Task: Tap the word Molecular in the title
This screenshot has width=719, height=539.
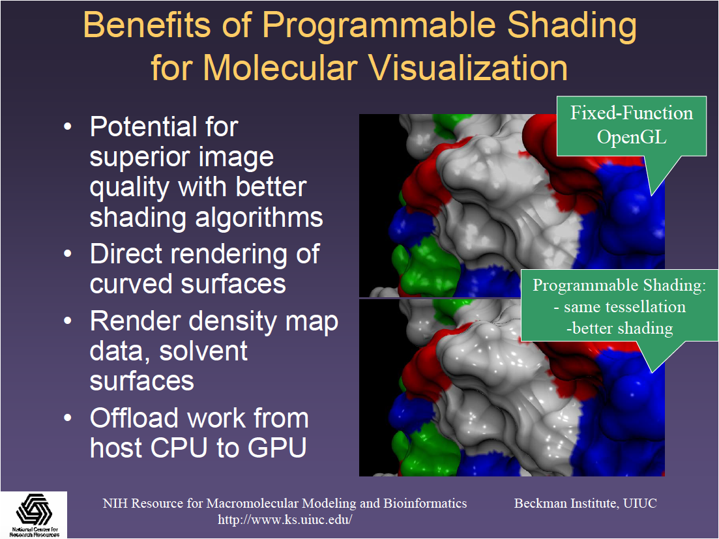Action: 280,68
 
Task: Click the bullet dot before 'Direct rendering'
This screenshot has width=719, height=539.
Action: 68,254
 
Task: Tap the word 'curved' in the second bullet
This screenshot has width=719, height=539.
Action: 131,284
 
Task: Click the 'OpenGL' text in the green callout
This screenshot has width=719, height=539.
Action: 632,137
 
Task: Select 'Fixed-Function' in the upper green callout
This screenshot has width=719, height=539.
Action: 632,113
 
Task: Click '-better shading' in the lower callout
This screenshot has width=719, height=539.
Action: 620,328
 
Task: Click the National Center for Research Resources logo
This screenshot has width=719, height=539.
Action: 34,515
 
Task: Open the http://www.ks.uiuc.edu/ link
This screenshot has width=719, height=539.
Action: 285,519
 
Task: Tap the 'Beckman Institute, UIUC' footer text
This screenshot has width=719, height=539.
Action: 585,503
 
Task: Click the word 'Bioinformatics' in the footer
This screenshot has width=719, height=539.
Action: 425,503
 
